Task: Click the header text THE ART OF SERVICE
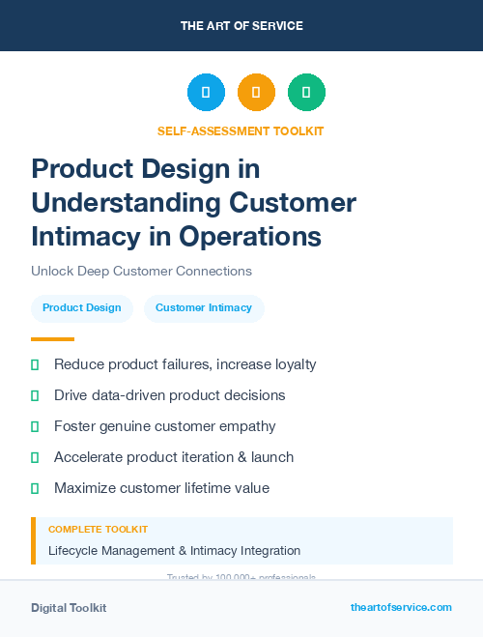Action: pyautogui.click(x=241, y=26)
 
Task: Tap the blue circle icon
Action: pyautogui.click(x=206, y=93)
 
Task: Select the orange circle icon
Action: pyautogui.click(x=256, y=93)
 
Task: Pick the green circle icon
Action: pyautogui.click(x=306, y=93)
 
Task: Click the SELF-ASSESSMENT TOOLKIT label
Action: pyautogui.click(x=241, y=131)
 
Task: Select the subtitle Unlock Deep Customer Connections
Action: pyautogui.click(x=141, y=272)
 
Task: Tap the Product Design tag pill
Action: pyautogui.click(x=82, y=308)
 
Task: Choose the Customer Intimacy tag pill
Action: pyautogui.click(x=204, y=308)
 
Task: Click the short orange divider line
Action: pyautogui.click(x=52, y=339)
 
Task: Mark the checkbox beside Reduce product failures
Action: pyautogui.click(x=35, y=364)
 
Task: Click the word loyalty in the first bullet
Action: pyautogui.click(x=291, y=364)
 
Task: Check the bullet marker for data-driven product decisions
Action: pyautogui.click(x=35, y=395)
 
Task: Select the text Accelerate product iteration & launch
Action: pyautogui.click(x=174, y=457)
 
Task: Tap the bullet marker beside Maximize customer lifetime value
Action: pyautogui.click(x=35, y=488)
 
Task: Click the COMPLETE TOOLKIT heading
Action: pyautogui.click(x=98, y=530)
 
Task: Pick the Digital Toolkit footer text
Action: pyautogui.click(x=69, y=608)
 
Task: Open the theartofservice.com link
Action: pyautogui.click(x=401, y=607)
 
